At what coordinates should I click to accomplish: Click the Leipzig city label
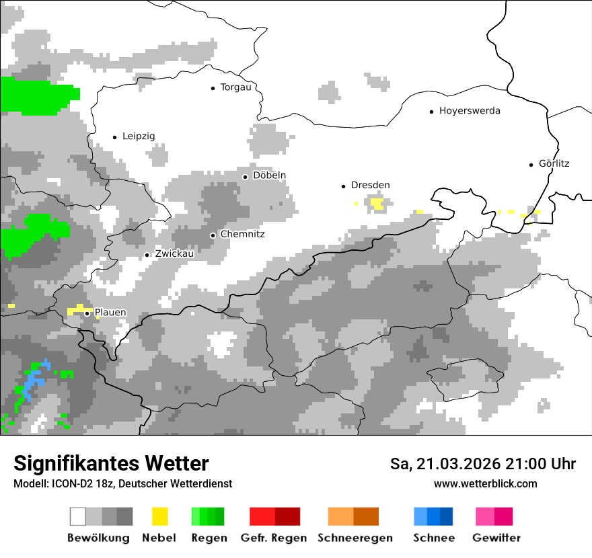click(139, 136)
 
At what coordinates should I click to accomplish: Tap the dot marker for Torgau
click(213, 87)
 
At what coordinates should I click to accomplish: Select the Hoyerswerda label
click(470, 111)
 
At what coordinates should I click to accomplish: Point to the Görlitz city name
click(554, 163)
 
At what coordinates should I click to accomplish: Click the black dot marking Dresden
click(343, 186)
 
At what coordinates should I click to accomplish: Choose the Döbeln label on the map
click(269, 175)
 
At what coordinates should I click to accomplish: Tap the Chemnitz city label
click(242, 235)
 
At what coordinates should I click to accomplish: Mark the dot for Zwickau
click(147, 255)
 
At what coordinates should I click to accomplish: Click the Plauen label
click(110, 313)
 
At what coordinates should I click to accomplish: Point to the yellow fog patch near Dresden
click(377, 203)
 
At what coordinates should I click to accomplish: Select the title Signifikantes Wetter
click(111, 463)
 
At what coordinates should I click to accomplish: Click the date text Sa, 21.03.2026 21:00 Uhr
click(483, 464)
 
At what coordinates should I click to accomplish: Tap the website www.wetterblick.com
click(485, 483)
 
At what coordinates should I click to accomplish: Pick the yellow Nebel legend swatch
click(159, 516)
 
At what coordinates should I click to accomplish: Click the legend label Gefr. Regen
click(274, 538)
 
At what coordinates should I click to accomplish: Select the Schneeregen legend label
click(355, 538)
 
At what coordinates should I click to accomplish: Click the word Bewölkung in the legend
click(98, 538)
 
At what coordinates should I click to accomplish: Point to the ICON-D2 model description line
click(122, 483)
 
